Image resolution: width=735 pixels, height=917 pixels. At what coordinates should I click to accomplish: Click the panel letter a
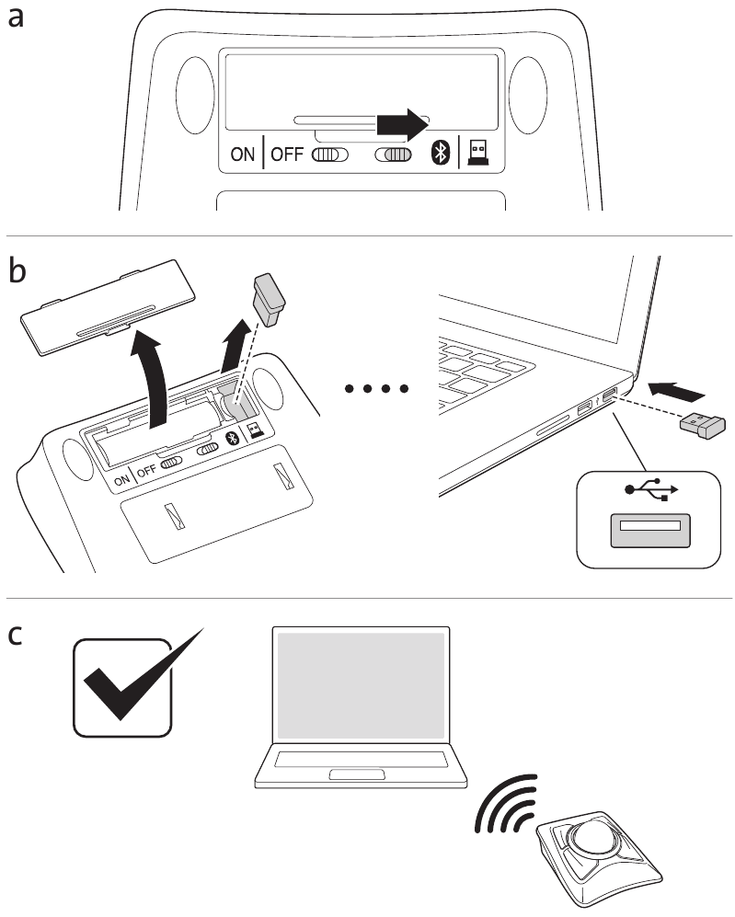click(16, 17)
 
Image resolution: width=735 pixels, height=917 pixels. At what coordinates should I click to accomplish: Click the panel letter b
click(17, 272)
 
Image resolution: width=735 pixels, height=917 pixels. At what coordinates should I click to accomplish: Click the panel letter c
click(16, 635)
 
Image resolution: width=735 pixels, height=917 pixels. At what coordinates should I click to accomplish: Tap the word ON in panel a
click(243, 155)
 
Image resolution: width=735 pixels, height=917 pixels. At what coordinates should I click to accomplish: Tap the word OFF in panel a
click(287, 155)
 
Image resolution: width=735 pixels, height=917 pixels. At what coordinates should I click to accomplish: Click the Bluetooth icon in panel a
click(440, 155)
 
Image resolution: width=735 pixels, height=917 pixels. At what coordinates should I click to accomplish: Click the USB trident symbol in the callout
click(651, 492)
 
